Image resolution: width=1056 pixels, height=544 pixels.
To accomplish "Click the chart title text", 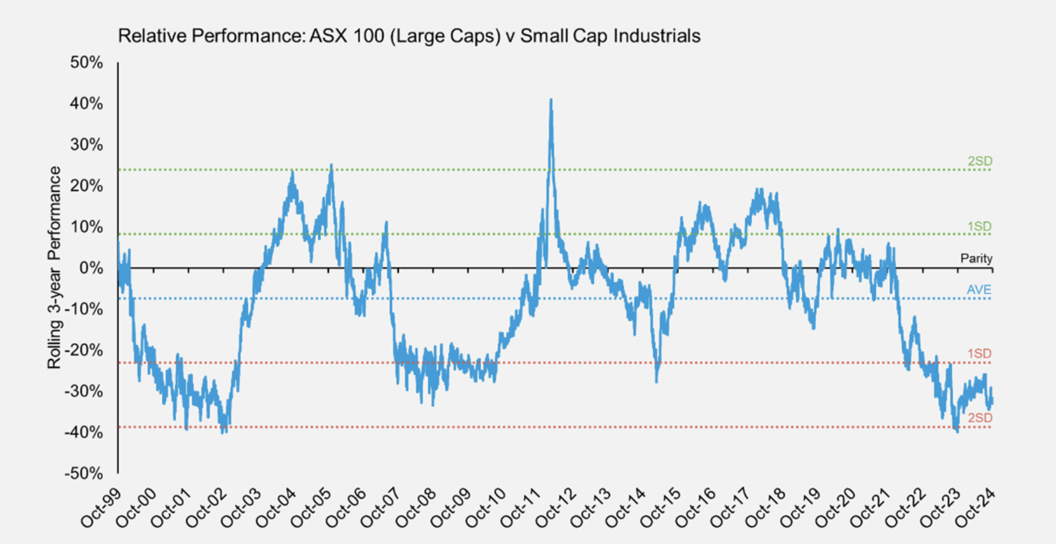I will (x=409, y=36).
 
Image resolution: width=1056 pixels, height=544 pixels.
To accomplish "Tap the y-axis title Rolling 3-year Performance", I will (x=54, y=267).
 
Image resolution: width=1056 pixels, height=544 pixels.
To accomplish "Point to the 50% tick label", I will (x=87, y=62).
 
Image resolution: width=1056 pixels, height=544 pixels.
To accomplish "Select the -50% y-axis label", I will (x=84, y=474).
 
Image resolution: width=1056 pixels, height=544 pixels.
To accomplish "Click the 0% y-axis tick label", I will (x=91, y=268).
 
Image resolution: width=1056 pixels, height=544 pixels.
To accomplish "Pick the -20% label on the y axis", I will (x=84, y=350).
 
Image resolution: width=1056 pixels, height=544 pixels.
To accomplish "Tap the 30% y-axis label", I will (x=87, y=144).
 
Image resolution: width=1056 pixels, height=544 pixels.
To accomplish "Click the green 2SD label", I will (x=980, y=161).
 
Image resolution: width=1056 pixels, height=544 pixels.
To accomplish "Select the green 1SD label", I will (x=979, y=226).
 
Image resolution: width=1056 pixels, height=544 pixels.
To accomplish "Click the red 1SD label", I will (x=979, y=353).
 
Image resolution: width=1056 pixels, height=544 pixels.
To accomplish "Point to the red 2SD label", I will (x=980, y=418).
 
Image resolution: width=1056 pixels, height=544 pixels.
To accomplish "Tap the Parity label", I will (x=976, y=258).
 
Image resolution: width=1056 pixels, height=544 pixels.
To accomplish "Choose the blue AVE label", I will (x=979, y=289).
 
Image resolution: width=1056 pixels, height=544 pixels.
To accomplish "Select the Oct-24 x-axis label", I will (x=976, y=508).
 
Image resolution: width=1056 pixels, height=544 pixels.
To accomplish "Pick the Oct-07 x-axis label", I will (x=381, y=508).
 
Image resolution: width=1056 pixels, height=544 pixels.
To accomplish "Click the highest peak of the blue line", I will (x=551, y=100).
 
